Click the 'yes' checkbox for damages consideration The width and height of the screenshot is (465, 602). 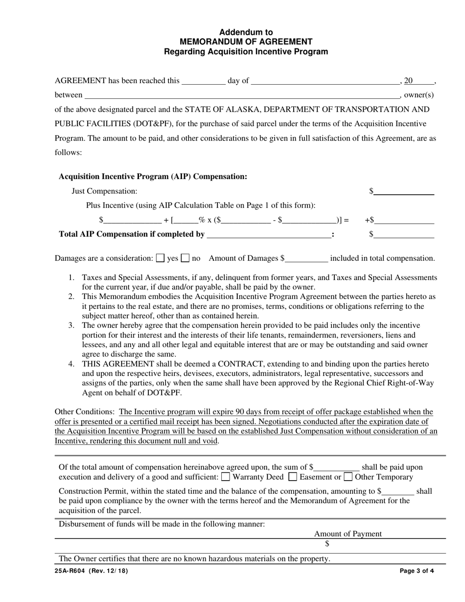pos(160,257)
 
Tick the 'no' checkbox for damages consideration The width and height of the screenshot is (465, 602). pos(186,257)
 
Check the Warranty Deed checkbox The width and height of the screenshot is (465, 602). pos(226,476)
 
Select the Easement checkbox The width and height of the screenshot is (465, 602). pos(293,476)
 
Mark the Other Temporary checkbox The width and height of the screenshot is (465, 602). pos(348,476)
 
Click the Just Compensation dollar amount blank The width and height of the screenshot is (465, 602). pos(404,191)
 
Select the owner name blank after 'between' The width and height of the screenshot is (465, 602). pos(242,95)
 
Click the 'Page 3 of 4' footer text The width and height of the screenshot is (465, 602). pos(417,571)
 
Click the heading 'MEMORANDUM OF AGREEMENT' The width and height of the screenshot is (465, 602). pos(246,42)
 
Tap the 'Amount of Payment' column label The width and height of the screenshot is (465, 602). pos(348,534)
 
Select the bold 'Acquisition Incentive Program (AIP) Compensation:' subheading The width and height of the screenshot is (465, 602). pos(153,176)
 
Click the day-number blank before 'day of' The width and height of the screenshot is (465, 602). pos(203,81)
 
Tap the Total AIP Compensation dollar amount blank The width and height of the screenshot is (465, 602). pos(404,235)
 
